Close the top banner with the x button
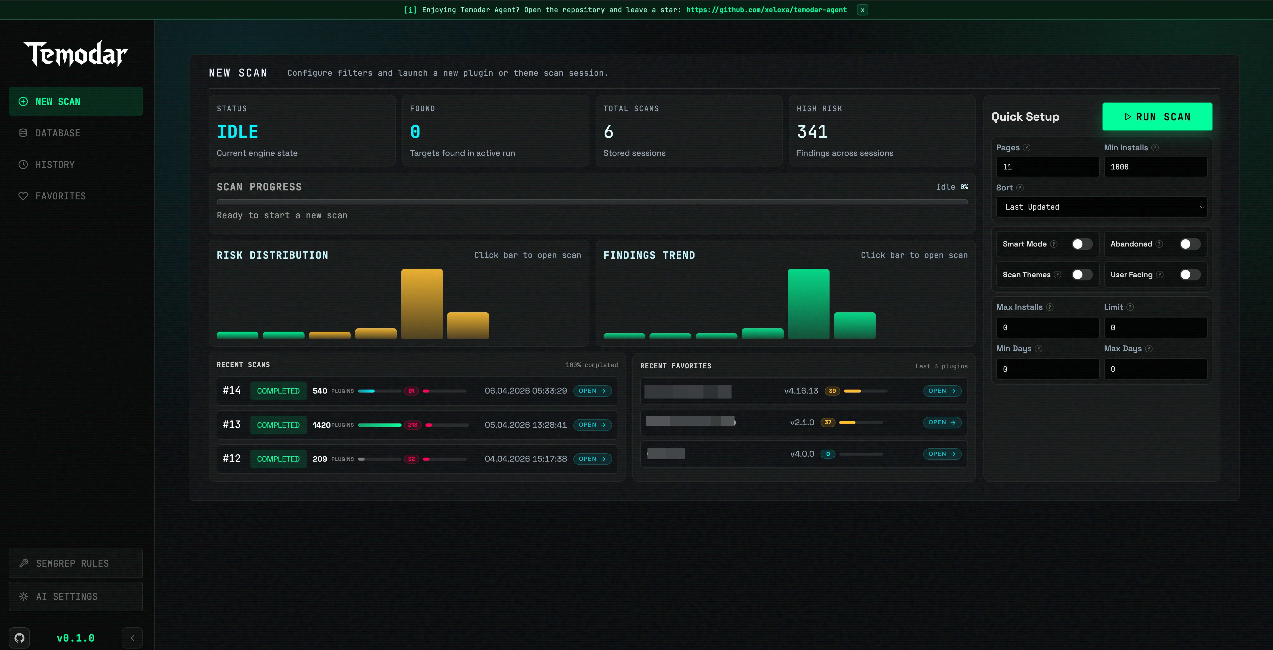(862, 10)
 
